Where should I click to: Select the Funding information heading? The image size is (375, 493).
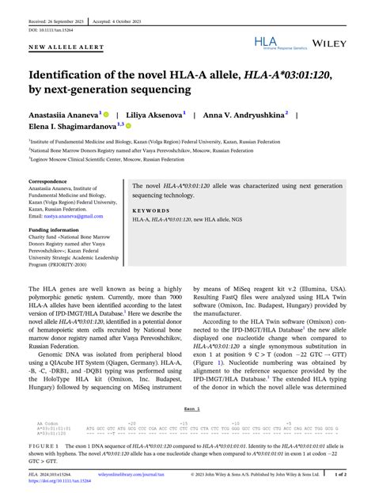pos(54,229)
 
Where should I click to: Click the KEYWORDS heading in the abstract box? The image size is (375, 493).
pos(150,210)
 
